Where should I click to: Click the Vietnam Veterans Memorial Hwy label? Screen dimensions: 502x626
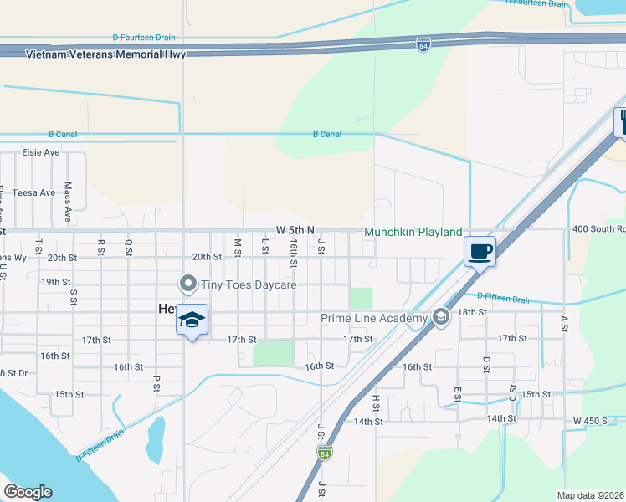(105, 54)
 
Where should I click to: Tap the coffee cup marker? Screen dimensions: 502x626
(480, 252)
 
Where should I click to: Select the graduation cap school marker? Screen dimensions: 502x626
(192, 320)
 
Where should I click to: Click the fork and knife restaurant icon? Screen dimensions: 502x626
(622, 121)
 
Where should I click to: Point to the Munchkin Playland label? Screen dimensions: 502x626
(413, 232)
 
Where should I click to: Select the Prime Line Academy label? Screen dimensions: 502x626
(374, 317)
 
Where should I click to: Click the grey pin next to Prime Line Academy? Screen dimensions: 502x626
(440, 317)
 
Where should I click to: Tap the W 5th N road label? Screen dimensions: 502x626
(295, 230)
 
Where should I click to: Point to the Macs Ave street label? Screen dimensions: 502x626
(68, 198)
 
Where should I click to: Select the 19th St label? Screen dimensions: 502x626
(56, 282)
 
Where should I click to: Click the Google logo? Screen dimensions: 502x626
(28, 492)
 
